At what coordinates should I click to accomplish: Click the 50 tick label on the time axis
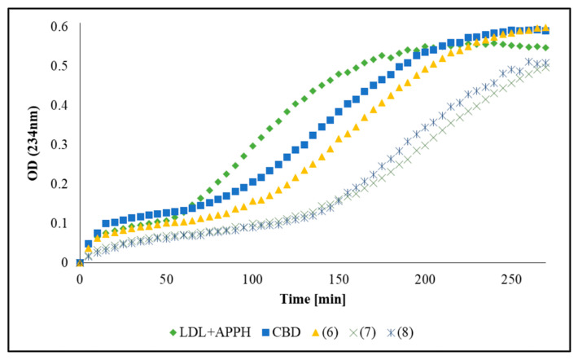166,280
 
